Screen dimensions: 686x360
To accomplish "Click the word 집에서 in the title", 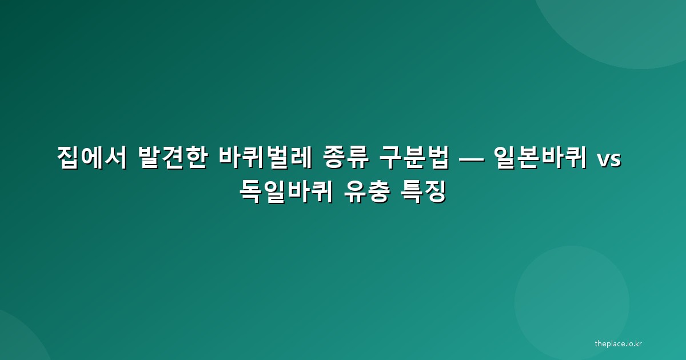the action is [x=92, y=158].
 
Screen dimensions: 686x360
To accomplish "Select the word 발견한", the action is [x=173, y=158].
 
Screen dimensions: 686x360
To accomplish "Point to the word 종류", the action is [x=346, y=158].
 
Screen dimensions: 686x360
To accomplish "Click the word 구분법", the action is [x=414, y=158].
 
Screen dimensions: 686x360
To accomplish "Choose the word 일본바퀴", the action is [x=541, y=158].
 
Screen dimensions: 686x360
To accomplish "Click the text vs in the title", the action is [x=609, y=160].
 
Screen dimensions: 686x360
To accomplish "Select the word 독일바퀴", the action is [x=286, y=191].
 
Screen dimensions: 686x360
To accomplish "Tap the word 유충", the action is [x=367, y=191].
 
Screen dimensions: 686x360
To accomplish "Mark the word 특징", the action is [x=424, y=191].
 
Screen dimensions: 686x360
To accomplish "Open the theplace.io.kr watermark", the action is [x=619, y=344].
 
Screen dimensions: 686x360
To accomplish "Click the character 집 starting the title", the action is [x=69, y=158].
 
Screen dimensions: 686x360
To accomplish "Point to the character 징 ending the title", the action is [x=435, y=191].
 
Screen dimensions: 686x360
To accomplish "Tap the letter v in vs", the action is [x=604, y=160].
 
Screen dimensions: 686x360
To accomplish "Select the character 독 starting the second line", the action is [x=251, y=191].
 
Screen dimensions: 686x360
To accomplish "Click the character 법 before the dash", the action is [x=438, y=158].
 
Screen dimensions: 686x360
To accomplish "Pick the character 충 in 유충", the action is [x=379, y=191].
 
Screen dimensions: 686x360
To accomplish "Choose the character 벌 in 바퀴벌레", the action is [x=277, y=158].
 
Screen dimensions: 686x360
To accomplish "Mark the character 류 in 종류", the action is [x=358, y=158].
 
